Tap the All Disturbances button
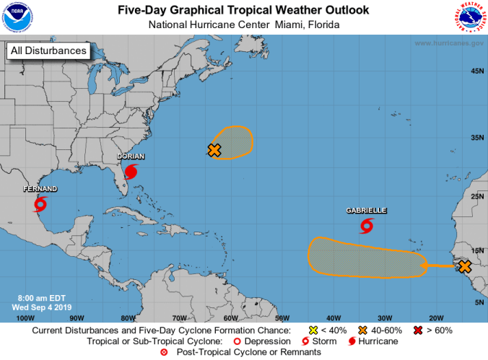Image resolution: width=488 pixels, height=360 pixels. click(48, 51)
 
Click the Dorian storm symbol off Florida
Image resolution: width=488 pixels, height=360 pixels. click(131, 172)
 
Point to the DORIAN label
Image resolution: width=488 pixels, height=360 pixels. click(131, 156)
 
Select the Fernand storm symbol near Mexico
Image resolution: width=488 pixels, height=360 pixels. click(40, 203)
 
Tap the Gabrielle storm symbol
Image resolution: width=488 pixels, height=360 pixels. click(367, 227)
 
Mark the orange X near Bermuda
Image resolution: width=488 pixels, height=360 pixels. click(214, 150)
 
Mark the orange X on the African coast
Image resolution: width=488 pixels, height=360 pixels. click(465, 267)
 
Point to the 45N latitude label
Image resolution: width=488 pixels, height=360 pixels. click(477, 71)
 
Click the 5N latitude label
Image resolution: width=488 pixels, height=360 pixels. click(478, 302)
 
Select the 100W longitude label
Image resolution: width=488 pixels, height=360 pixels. click(25, 317)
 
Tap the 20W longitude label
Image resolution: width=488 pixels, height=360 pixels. click(436, 317)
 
